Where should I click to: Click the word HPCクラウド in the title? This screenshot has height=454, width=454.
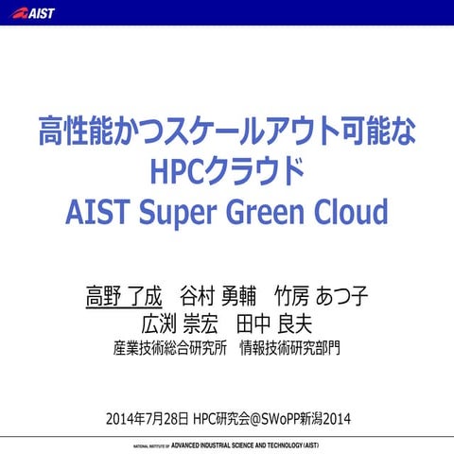(x=227, y=169)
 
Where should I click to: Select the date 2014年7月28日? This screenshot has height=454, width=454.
(x=148, y=417)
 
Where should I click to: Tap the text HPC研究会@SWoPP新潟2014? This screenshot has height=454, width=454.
(x=273, y=417)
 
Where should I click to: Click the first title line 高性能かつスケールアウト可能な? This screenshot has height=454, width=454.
(x=227, y=130)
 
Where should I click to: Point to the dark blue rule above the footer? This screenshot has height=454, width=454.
(x=227, y=435)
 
